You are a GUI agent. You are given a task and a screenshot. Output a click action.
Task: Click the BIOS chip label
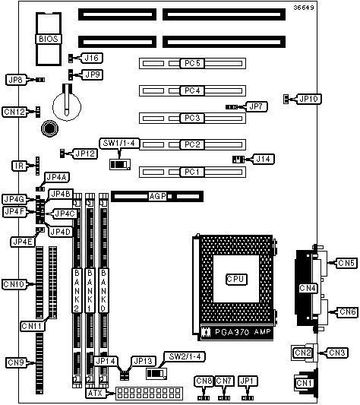pos(49,39)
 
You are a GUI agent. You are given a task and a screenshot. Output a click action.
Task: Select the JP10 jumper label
pos(309,99)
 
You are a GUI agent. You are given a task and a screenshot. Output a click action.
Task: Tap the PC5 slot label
pos(192,63)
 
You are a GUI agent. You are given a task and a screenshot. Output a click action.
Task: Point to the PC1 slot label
pos(192,172)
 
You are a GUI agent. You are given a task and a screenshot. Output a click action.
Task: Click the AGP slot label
pos(158,196)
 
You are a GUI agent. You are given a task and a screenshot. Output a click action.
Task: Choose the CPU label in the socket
pos(236,279)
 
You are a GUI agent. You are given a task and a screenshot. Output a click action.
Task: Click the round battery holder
pos(67,106)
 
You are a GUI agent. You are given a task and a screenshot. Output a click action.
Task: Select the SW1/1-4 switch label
pos(119,143)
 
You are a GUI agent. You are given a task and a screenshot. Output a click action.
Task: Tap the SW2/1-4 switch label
pos(185,356)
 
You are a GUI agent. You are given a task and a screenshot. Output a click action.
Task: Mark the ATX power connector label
pos(95,393)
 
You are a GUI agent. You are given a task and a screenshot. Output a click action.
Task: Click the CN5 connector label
pos(346,263)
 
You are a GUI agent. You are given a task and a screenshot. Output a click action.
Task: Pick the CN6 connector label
pos(347,312)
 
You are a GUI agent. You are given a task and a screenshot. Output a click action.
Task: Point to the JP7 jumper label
pos(256,106)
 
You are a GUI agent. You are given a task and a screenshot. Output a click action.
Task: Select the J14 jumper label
pos(264,159)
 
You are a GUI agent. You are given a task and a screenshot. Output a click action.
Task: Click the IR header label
pos(20,166)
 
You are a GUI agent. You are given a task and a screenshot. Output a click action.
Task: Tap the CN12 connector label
pos(14,112)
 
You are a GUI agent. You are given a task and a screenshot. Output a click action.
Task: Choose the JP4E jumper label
pos(23,242)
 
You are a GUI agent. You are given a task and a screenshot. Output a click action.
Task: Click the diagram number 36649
pos(304,8)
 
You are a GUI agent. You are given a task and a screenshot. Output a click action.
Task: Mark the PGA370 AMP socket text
pos(242,331)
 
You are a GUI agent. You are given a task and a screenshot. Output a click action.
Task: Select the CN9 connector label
pos(16,362)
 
